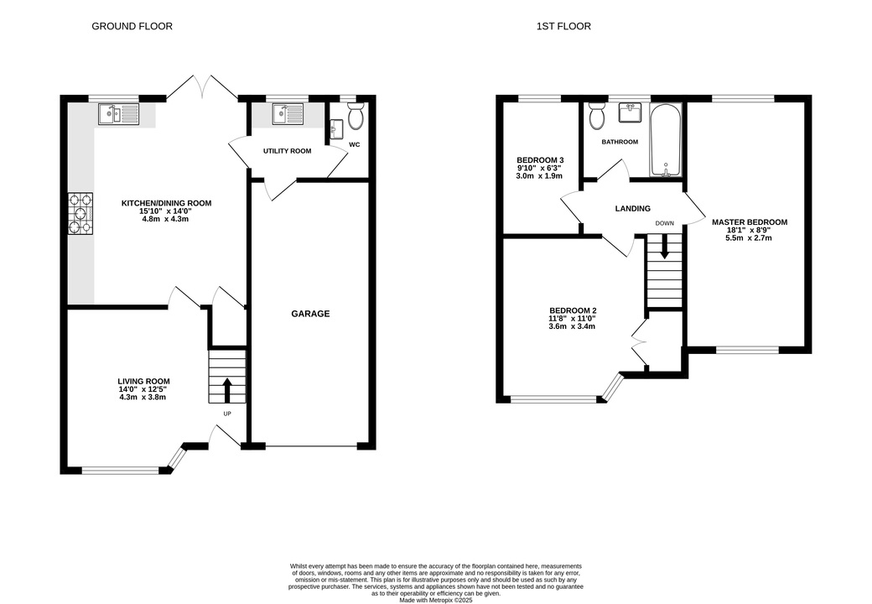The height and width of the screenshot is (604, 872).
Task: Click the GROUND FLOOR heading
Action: (x=132, y=26)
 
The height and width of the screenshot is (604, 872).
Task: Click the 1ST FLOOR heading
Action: (x=563, y=26)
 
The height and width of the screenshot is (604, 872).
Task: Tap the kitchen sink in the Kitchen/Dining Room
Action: (x=118, y=114)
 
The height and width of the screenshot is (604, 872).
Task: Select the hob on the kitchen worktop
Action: (x=80, y=214)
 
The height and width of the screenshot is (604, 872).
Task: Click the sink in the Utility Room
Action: (x=288, y=115)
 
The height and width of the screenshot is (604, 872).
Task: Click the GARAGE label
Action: (x=310, y=314)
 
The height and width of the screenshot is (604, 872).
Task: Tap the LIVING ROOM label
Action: (x=143, y=381)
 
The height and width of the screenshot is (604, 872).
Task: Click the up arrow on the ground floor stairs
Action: (x=227, y=390)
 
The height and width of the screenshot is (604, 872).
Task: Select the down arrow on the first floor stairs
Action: (x=664, y=246)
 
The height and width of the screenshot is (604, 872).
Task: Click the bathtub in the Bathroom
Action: (x=666, y=139)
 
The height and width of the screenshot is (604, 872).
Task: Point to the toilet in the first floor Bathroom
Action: (x=597, y=115)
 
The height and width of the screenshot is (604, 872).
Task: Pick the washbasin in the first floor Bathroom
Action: (x=630, y=113)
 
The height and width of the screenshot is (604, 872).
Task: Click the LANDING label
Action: (x=633, y=209)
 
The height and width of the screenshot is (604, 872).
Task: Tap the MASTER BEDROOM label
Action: (x=750, y=222)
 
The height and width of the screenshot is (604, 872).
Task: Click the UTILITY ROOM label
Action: (x=287, y=151)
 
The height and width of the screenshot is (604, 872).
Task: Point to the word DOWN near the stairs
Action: (x=665, y=223)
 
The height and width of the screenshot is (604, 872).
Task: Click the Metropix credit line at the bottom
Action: (x=436, y=600)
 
